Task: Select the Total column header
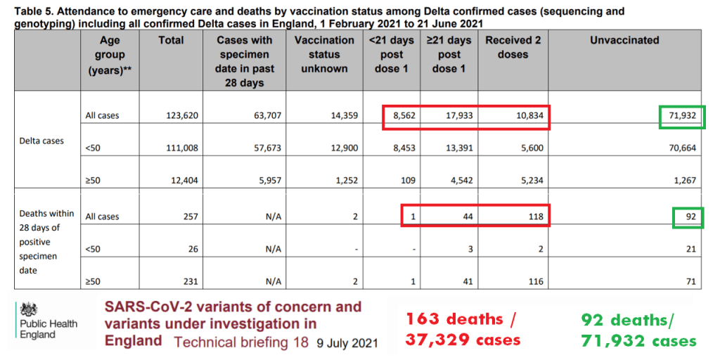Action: [171, 41]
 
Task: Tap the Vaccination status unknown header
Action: [324, 54]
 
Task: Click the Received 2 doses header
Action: [513, 47]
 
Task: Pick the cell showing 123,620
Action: [179, 115]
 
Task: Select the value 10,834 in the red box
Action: [528, 115]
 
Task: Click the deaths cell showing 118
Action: [535, 217]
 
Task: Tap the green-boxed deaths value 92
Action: [690, 217]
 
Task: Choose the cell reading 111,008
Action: [179, 148]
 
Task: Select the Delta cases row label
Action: [41, 141]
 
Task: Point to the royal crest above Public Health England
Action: [30, 309]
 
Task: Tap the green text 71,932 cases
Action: [639, 341]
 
